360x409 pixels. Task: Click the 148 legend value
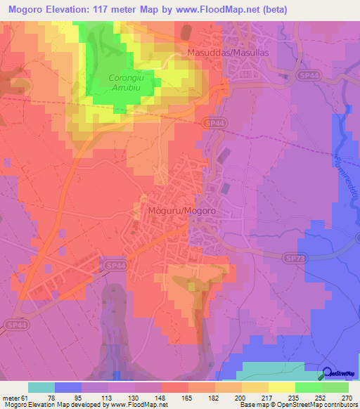pyautogui.click(x=161, y=397)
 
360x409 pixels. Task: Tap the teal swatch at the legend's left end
pyautogui.click(x=41, y=387)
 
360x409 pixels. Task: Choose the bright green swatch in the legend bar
pyautogui.click(x=309, y=387)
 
